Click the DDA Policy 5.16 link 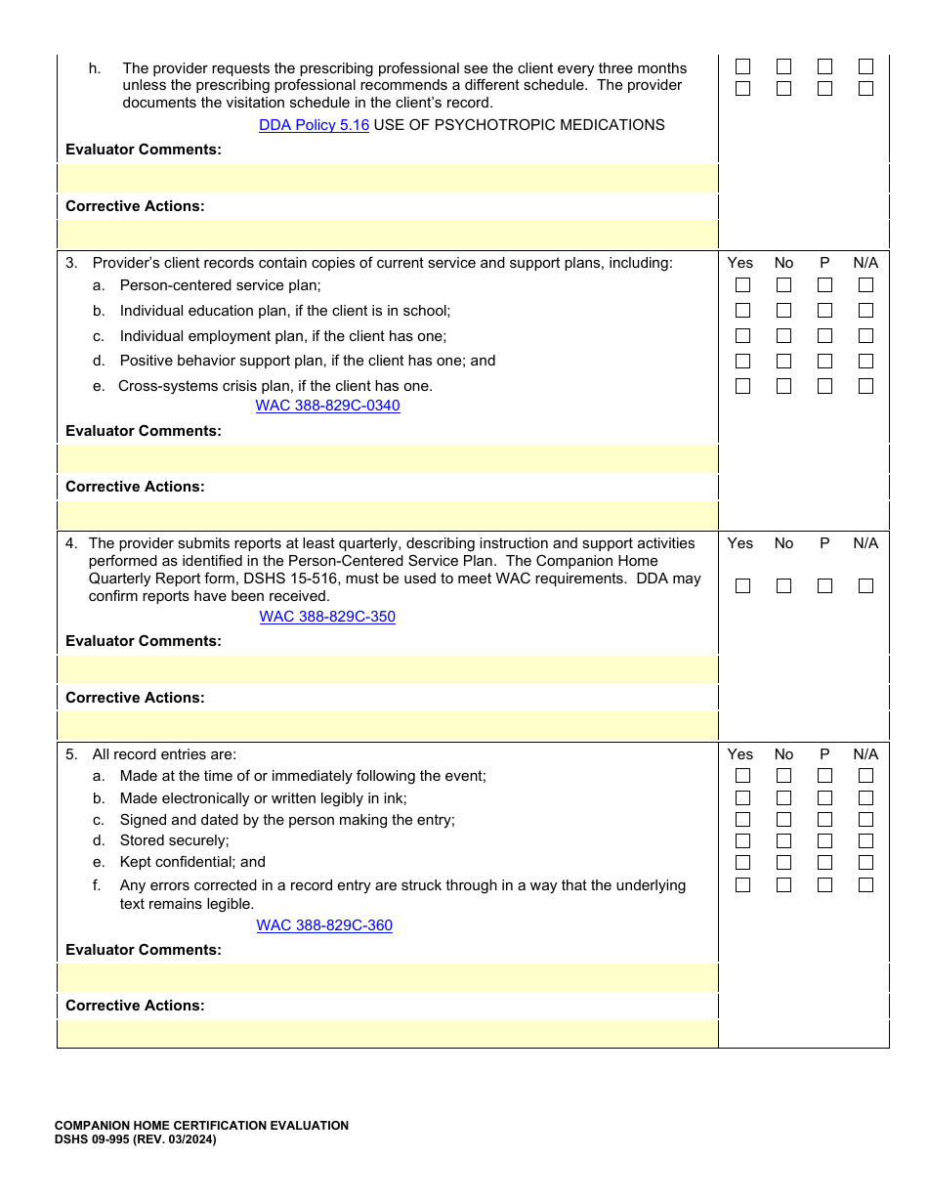(x=314, y=125)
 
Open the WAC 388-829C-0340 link (x=327, y=406)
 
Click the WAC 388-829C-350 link (x=327, y=617)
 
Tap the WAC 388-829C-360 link (x=324, y=925)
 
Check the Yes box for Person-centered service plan (x=743, y=285)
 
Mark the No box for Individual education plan (x=784, y=311)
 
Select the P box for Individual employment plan (x=825, y=336)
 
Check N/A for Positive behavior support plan (x=865, y=361)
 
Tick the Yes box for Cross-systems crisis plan (x=743, y=386)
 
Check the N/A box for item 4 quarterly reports (x=865, y=586)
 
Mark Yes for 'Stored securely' (x=743, y=841)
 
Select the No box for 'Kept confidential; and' (x=784, y=863)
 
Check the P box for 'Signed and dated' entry (x=825, y=820)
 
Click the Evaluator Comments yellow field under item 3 (x=388, y=458)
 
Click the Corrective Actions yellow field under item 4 (x=388, y=725)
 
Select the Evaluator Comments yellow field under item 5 (x=388, y=977)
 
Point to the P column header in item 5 (x=824, y=754)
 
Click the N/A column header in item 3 (x=865, y=263)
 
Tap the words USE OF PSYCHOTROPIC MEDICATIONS (x=519, y=125)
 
